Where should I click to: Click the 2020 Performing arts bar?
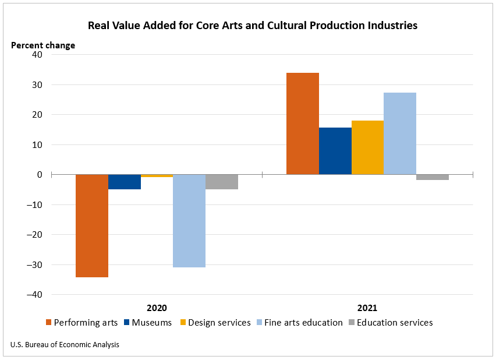click(92, 225)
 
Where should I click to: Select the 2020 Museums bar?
click(125, 182)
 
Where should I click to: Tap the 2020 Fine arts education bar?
click(189, 221)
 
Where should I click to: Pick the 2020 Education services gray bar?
click(222, 182)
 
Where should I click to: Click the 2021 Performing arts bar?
click(303, 123)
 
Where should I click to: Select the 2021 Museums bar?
click(335, 151)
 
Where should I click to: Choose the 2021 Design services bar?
click(368, 147)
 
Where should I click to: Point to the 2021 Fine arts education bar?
click(400, 133)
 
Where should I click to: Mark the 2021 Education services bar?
click(433, 177)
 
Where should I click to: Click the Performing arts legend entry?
click(82, 323)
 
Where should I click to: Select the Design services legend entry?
click(215, 323)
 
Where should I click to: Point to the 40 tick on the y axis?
click(38, 55)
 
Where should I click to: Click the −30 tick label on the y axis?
click(35, 265)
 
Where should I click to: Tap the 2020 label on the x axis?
click(157, 308)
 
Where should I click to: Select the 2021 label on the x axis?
click(367, 308)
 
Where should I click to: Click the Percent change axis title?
click(43, 45)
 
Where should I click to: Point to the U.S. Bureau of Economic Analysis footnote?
click(65, 345)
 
